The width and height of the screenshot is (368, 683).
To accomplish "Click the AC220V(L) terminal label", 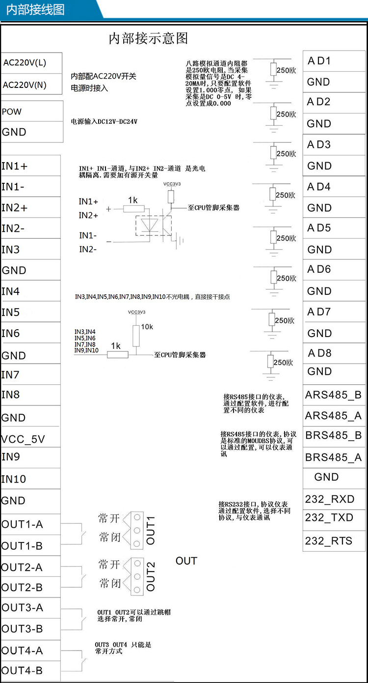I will coord(25,63).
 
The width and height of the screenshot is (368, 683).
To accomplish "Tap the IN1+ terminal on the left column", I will coord(15,166).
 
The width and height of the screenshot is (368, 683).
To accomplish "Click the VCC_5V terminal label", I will coord(23,439).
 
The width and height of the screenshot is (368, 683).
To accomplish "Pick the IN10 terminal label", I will coord(14,479).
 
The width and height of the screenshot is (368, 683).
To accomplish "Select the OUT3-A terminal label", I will coord(23,608).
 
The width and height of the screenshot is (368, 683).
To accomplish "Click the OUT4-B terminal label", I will coord(22,671).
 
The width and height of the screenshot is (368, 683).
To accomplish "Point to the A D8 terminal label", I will coord(319,353).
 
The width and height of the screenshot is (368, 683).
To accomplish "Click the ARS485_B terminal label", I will coord(333,395).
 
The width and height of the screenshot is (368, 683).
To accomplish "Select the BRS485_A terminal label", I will coord(333,457).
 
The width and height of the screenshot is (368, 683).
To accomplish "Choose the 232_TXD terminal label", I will coord(329,518).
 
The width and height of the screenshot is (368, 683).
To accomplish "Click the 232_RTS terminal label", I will coord(328,541).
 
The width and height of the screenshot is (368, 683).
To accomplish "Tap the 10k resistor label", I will coord(147,327).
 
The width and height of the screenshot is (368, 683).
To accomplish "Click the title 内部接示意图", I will coord(148,38).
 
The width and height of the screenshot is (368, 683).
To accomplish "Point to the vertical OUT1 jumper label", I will coord(151,530).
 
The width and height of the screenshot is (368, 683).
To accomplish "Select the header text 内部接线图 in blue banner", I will coord(35,10).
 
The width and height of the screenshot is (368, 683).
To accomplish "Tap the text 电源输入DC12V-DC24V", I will coord(104,121).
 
